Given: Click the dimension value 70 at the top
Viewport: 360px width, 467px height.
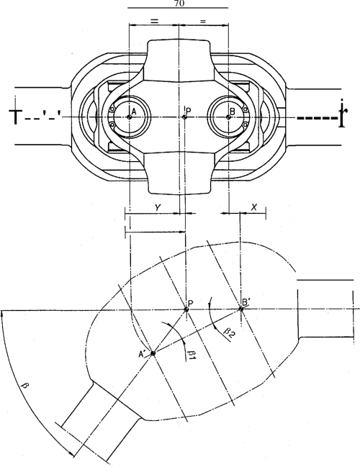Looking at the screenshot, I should [x=178, y=4].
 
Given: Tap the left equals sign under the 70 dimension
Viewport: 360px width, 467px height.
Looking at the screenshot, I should [x=154, y=22].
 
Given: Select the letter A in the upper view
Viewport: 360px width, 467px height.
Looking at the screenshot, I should [x=133, y=112].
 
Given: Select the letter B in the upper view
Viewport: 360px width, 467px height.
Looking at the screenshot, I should [x=231, y=112].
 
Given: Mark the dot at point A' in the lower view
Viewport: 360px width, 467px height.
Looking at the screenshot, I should [x=153, y=353].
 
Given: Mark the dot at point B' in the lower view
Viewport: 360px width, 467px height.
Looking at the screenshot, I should [x=240, y=309].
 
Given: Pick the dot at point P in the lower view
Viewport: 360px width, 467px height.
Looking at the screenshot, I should [x=186, y=310].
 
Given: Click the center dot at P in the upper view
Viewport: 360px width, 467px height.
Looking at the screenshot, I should [x=185, y=117].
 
